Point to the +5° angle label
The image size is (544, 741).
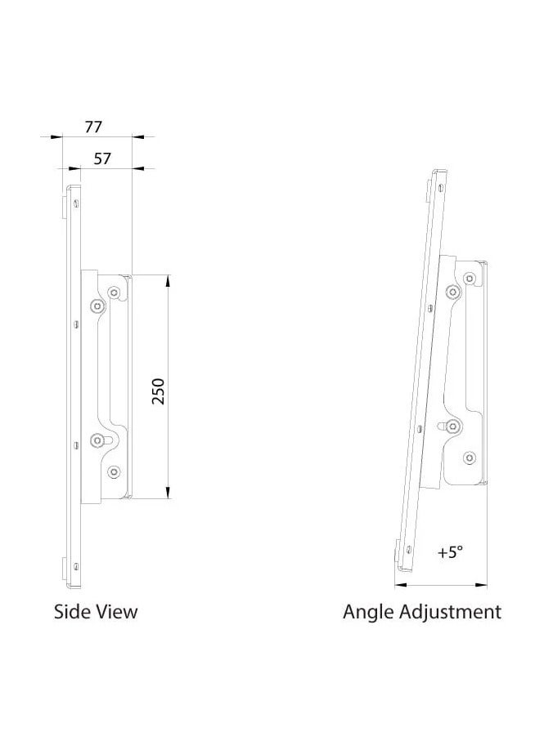(x=449, y=552)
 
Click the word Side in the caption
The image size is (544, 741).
(x=71, y=611)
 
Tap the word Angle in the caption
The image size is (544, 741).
(x=367, y=612)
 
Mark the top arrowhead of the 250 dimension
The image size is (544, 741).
(x=168, y=280)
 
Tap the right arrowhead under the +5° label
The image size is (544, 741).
(x=482, y=584)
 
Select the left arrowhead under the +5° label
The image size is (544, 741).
(x=399, y=584)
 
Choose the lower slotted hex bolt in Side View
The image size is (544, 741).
(x=98, y=440)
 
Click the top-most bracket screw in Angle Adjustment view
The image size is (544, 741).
(x=469, y=279)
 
